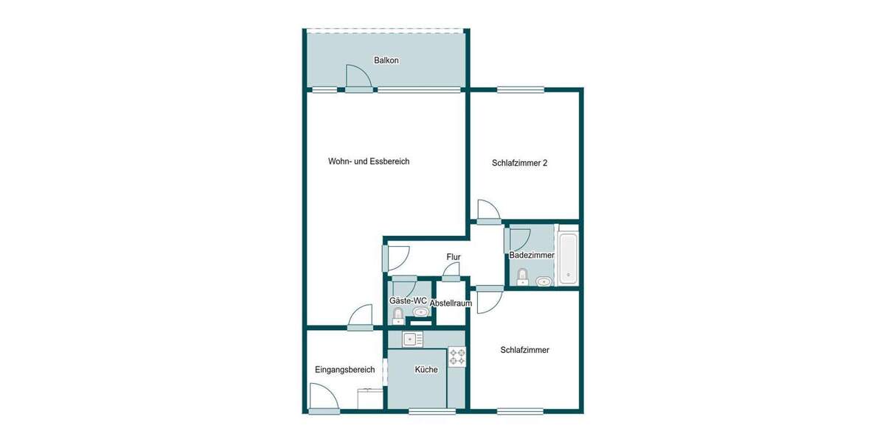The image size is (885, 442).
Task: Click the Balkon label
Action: (x=386, y=60)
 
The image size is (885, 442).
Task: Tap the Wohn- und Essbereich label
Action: (x=369, y=161)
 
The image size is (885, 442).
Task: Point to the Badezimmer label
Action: (x=532, y=255)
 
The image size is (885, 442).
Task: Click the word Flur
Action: (x=454, y=257)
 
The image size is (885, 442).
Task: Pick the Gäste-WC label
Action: (x=408, y=301)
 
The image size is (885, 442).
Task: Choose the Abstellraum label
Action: (x=451, y=303)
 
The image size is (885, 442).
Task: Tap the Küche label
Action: (x=426, y=370)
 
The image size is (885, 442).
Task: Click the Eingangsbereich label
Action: (x=344, y=370)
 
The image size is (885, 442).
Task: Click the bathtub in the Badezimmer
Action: (x=568, y=258)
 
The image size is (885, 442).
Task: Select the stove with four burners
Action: (x=457, y=357)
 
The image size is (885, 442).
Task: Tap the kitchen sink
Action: (x=412, y=339)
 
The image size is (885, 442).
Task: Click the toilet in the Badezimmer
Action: (x=522, y=276)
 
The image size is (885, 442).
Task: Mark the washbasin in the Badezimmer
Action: (x=544, y=281)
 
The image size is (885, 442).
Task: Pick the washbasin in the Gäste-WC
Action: (x=421, y=312)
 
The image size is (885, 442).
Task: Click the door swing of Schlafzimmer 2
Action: (x=487, y=210)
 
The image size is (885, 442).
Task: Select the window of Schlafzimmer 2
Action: (x=520, y=90)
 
